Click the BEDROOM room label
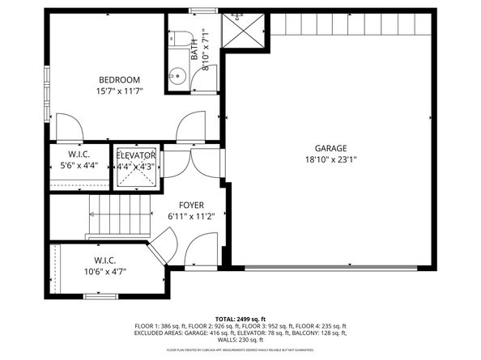tap(120, 79)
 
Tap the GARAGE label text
tap(330, 148)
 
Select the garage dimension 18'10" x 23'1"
tap(330, 159)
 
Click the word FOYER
tap(191, 205)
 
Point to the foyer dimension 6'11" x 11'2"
tap(191, 217)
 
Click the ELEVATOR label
tap(136, 155)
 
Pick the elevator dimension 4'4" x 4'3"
tap(136, 167)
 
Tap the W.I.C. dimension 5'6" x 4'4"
tap(79, 166)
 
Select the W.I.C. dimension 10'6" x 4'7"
tap(104, 272)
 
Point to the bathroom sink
tap(178, 78)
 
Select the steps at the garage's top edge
tap(350, 25)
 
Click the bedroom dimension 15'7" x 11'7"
tap(120, 91)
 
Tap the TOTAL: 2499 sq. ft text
tap(240, 319)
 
